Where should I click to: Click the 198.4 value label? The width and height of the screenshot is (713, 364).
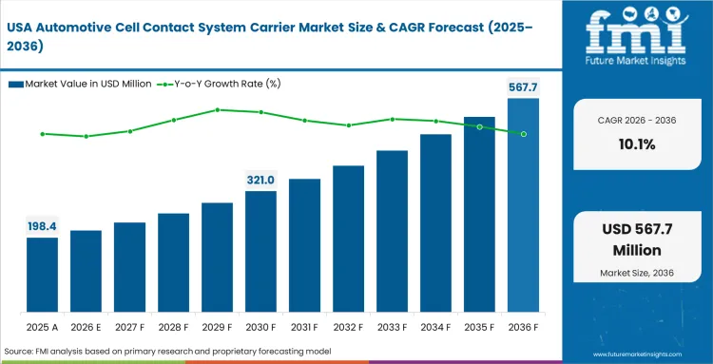coord(42,226)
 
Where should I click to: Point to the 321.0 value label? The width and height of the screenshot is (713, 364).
coord(260,180)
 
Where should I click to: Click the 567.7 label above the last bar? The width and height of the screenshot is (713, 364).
coord(523,87)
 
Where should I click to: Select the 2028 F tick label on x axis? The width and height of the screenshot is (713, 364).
coord(173,327)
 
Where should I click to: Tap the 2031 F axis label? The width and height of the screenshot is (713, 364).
coord(304,327)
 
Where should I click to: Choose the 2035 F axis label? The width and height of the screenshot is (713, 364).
coord(479,327)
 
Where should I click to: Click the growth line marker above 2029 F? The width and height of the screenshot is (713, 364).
coord(217,109)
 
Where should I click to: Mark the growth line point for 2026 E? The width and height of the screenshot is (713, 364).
coord(86,136)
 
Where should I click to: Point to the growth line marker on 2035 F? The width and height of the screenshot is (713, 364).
coord(479,126)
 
